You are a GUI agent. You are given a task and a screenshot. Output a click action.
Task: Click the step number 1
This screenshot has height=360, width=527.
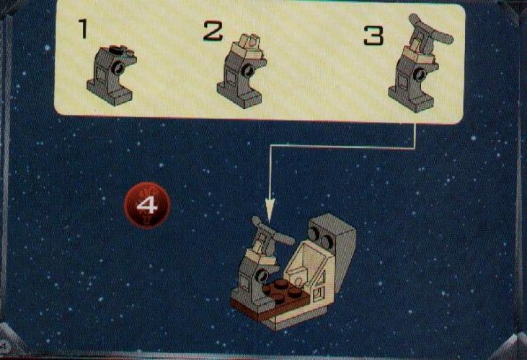pyautogui.click(x=83, y=28)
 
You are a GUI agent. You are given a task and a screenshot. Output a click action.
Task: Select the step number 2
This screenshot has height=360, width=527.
pyautogui.click(x=213, y=31)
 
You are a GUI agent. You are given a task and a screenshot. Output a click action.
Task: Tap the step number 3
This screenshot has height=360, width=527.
pyautogui.click(x=374, y=36)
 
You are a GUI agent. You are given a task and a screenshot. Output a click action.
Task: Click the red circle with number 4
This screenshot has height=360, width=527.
pyautogui.click(x=147, y=205)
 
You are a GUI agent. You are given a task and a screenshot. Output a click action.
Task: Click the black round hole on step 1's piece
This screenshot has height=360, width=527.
pyautogui.click(x=117, y=69)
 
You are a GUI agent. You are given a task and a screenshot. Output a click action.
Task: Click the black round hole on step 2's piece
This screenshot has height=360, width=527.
pyautogui.click(x=249, y=71)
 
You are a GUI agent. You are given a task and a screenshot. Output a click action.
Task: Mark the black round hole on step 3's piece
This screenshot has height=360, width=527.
pyautogui.click(x=419, y=74)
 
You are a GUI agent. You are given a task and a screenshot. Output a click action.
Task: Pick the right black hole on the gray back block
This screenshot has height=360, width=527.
pyautogui.click(x=327, y=241)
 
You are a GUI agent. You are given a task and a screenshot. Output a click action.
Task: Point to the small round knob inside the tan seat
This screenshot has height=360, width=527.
pyautogui.click(x=298, y=281)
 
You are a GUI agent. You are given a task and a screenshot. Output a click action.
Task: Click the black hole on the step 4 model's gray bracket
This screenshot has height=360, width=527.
pyautogui.click(x=261, y=276)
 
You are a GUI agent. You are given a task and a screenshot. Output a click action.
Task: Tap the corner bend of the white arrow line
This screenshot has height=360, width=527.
pyautogui.click(x=270, y=146)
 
